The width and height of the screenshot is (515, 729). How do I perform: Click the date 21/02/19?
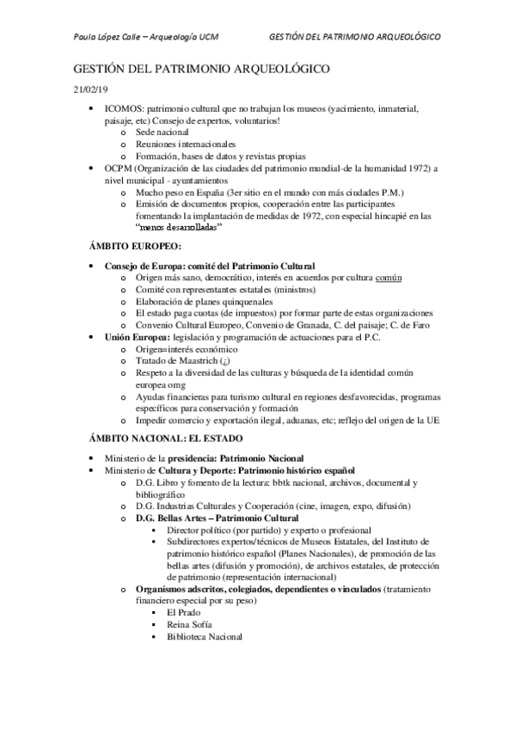tap(89, 88)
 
